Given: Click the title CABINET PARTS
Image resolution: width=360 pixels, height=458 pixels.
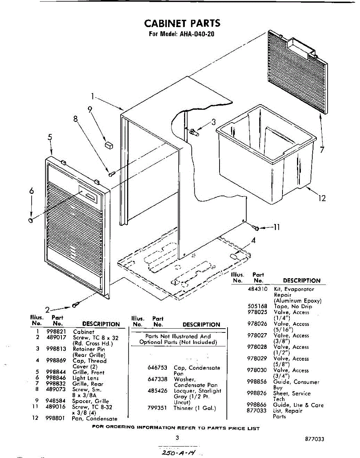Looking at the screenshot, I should [182, 23].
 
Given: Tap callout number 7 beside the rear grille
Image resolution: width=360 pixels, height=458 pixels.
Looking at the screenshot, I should [322, 150].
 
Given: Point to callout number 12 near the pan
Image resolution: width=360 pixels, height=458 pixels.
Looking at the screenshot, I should [322, 198].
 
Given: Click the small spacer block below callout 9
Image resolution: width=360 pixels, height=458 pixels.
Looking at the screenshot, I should [109, 145].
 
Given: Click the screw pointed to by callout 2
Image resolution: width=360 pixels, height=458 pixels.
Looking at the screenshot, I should [76, 305].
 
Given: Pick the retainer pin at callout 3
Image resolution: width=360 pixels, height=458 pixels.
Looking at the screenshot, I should [194, 132].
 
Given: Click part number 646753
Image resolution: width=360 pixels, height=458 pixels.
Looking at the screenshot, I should [157, 368].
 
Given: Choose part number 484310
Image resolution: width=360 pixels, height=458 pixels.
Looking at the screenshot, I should [257, 289].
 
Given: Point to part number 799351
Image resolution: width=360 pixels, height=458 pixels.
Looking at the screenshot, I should [157, 408].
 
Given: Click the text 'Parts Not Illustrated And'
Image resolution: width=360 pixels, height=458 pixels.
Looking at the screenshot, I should [178, 336].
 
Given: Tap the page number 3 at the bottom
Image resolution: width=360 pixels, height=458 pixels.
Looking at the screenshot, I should [177, 438].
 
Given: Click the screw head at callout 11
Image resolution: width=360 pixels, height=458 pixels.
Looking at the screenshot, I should [256, 228].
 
